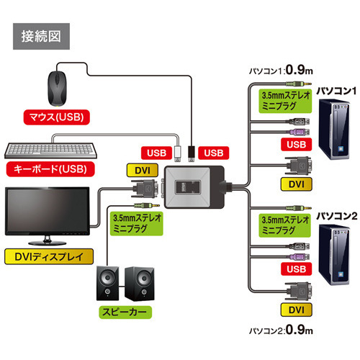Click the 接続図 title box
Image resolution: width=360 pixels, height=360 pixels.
click(41, 37)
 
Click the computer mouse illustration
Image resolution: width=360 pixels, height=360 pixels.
click(57, 88)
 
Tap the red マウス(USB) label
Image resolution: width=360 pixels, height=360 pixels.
click(57, 117)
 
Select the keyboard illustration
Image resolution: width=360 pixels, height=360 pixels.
click(51, 150)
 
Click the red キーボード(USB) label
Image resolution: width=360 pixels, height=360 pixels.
click(50, 169)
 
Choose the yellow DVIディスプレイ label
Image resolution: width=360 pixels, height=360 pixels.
click(49, 256)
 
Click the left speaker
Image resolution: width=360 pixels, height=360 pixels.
click(107, 283)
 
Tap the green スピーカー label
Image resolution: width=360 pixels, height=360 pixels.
click(125, 312)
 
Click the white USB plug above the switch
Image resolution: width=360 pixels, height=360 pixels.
click(177, 153)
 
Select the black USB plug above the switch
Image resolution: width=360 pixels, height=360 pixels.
click(192, 153)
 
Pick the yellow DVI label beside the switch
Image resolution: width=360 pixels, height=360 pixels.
click(143, 171)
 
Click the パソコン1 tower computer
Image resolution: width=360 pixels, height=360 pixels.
click(334, 130)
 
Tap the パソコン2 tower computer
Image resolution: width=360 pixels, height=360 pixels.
click(334, 255)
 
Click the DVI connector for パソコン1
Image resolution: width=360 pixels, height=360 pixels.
click(299, 166)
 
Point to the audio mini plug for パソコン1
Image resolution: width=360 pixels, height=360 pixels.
click(299, 84)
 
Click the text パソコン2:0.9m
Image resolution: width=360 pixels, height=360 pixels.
click(281, 330)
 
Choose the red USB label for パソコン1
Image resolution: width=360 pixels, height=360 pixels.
click(297, 145)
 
